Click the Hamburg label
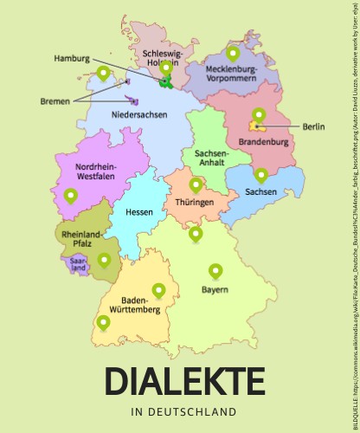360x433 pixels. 72,58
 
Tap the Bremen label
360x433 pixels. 55,101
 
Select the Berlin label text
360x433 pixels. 313,151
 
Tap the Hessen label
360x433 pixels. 139,212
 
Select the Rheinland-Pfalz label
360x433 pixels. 81,239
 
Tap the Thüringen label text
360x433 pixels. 195,203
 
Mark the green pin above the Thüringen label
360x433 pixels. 196,184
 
